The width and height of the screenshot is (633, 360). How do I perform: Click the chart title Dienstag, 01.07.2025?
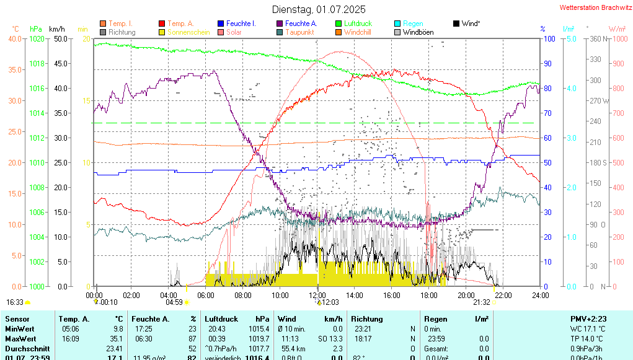319,9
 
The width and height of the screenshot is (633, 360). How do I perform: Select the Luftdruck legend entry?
358,24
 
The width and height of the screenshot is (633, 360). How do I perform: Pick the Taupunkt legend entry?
299,32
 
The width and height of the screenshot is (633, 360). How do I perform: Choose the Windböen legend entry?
418,32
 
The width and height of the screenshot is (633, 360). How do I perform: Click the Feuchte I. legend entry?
241,24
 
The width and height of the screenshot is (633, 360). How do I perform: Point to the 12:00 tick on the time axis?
317,296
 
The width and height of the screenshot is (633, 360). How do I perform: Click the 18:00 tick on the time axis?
429,296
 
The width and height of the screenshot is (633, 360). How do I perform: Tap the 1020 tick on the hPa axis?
37,38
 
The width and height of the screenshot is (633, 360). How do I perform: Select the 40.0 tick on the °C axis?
14,38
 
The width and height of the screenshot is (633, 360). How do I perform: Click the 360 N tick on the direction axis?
596,38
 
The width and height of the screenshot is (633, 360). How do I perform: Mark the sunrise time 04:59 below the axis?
174,302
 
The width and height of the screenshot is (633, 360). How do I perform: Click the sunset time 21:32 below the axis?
482,302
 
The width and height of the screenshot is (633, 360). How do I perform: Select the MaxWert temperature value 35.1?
117,339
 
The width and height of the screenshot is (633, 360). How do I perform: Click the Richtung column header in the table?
366,318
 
